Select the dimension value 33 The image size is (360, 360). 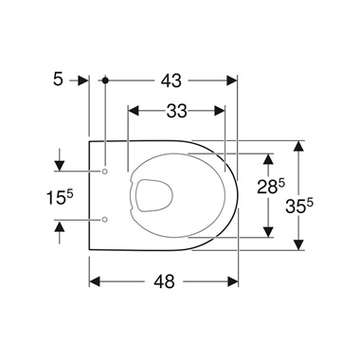coord(176,111)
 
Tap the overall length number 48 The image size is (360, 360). coord(165,280)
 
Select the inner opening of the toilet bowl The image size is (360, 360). coord(151,195)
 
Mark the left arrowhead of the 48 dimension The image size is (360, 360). coord(95,281)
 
